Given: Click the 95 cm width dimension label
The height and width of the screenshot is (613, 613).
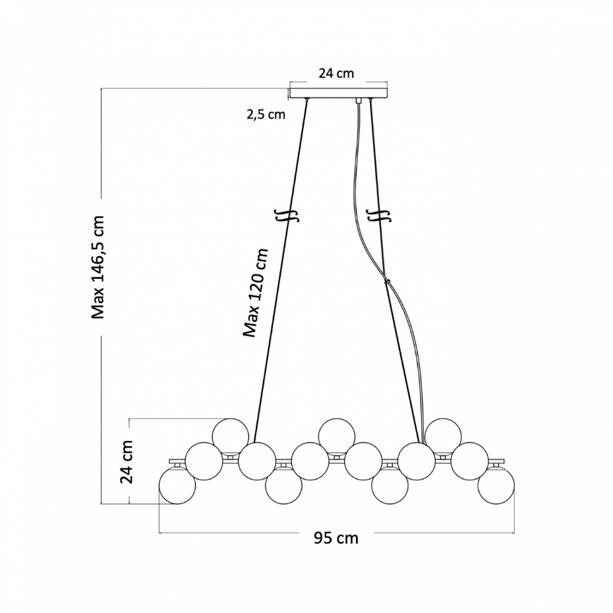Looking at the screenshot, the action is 336,539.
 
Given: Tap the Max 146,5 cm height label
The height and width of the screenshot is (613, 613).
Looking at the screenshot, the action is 98,268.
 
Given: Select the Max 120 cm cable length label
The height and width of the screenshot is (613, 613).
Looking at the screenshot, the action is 256,293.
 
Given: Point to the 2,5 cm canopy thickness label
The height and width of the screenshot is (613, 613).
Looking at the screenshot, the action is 266,115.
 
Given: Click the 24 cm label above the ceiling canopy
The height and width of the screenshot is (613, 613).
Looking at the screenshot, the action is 336,73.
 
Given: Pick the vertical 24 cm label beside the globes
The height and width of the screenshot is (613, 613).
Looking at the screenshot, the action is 127,461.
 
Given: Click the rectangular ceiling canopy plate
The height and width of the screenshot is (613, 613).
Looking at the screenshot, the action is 338,93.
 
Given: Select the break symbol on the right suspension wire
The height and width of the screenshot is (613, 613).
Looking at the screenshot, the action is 379,216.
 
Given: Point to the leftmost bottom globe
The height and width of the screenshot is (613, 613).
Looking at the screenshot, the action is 177,486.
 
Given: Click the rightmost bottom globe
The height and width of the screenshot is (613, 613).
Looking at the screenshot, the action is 496,486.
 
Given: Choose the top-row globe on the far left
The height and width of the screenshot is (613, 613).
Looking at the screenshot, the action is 230,436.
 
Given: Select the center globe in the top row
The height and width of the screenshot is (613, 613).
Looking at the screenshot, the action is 337,436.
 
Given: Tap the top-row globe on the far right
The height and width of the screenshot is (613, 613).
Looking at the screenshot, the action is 443,436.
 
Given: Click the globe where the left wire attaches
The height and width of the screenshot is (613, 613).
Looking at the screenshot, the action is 257,461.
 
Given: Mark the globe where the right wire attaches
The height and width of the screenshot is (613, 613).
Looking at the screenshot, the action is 417,461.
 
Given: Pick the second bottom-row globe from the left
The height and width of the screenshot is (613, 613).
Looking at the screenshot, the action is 283,486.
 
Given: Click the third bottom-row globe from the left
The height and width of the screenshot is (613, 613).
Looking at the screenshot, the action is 390,486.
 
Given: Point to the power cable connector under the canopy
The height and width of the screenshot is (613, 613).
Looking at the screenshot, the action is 357,100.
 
